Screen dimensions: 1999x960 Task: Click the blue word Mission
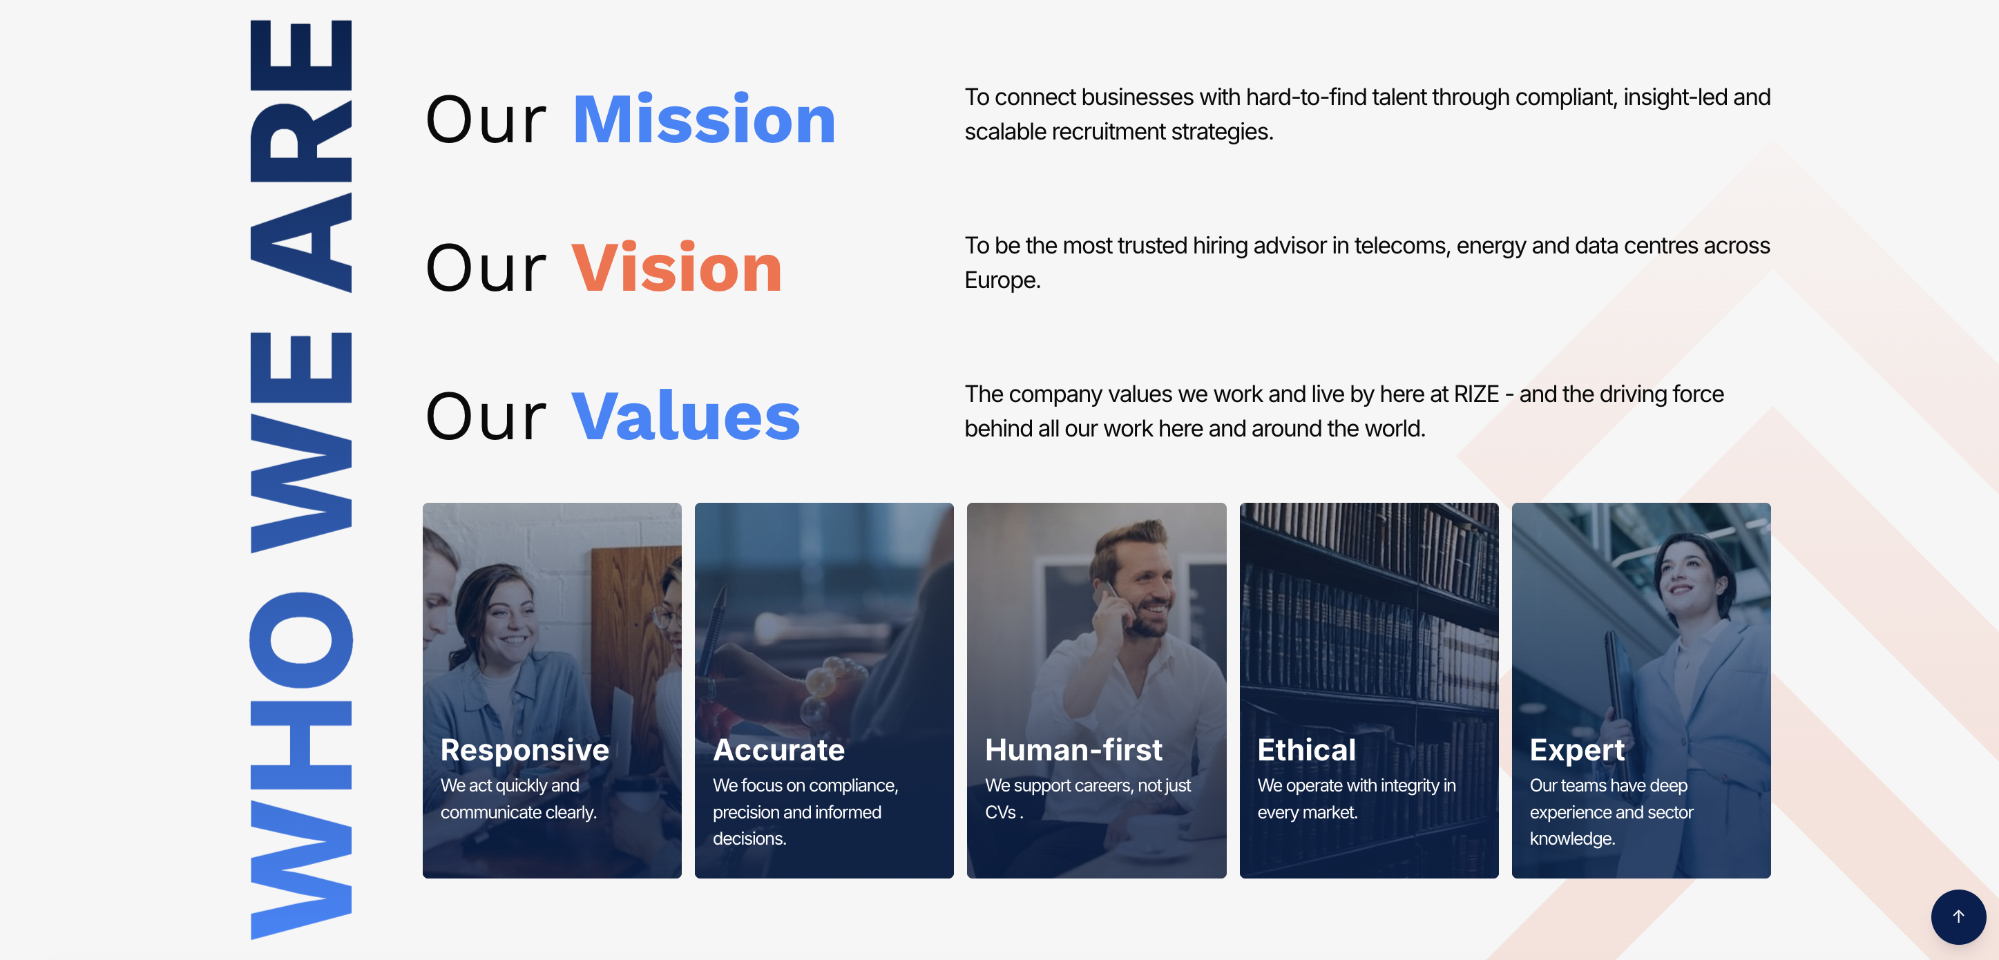pos(704,119)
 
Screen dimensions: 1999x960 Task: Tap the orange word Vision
pos(677,268)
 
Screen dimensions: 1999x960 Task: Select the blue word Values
pos(686,416)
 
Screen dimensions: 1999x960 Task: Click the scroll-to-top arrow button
pos(1958,916)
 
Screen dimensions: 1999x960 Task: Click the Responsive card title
pos(524,749)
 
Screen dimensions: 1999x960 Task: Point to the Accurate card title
pos(778,749)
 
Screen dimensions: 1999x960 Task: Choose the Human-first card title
pos(1073,749)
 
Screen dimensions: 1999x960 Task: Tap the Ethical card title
pos(1307,749)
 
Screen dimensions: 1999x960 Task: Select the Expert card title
pos(1577,749)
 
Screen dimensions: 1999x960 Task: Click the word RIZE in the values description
pos(1476,394)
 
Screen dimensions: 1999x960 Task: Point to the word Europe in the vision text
pos(1002,280)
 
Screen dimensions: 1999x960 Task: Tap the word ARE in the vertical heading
pos(301,155)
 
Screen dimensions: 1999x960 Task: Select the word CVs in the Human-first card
pos(1001,812)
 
